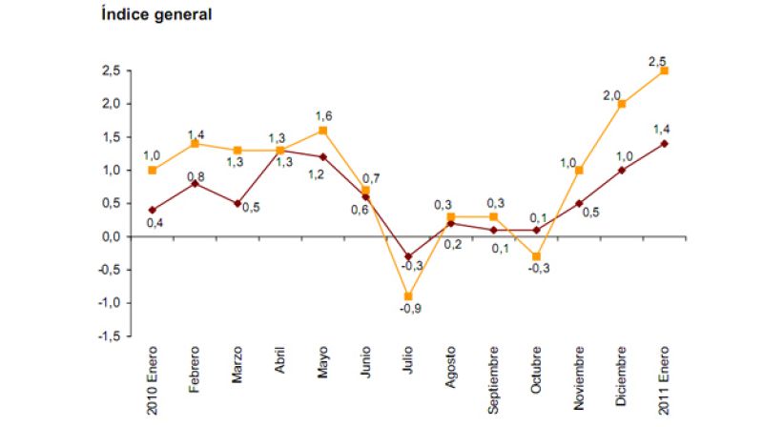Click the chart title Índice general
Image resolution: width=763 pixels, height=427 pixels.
[x=156, y=15]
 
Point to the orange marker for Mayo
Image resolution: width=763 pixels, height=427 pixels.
[x=323, y=131]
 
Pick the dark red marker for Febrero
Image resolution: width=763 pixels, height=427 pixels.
[x=196, y=183]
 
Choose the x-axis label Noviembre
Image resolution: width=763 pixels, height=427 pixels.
[x=579, y=388]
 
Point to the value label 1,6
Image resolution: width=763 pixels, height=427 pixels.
[x=323, y=115]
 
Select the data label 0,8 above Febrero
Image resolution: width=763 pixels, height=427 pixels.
[x=196, y=175]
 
